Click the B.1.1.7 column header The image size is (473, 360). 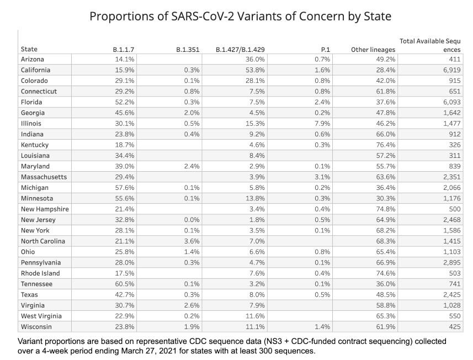coord(124,49)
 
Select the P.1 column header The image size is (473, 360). coord(326,49)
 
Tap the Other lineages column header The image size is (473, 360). coord(373,49)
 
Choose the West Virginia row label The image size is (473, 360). coord(41,316)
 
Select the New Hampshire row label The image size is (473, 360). coord(45,209)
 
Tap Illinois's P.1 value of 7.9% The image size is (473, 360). coord(322,123)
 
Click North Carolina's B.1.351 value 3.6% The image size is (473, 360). coord(191,241)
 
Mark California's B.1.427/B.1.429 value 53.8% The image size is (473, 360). coord(255,70)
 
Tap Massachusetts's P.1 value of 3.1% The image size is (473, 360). coord(322,177)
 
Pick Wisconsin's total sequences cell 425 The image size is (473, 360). coord(454,327)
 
